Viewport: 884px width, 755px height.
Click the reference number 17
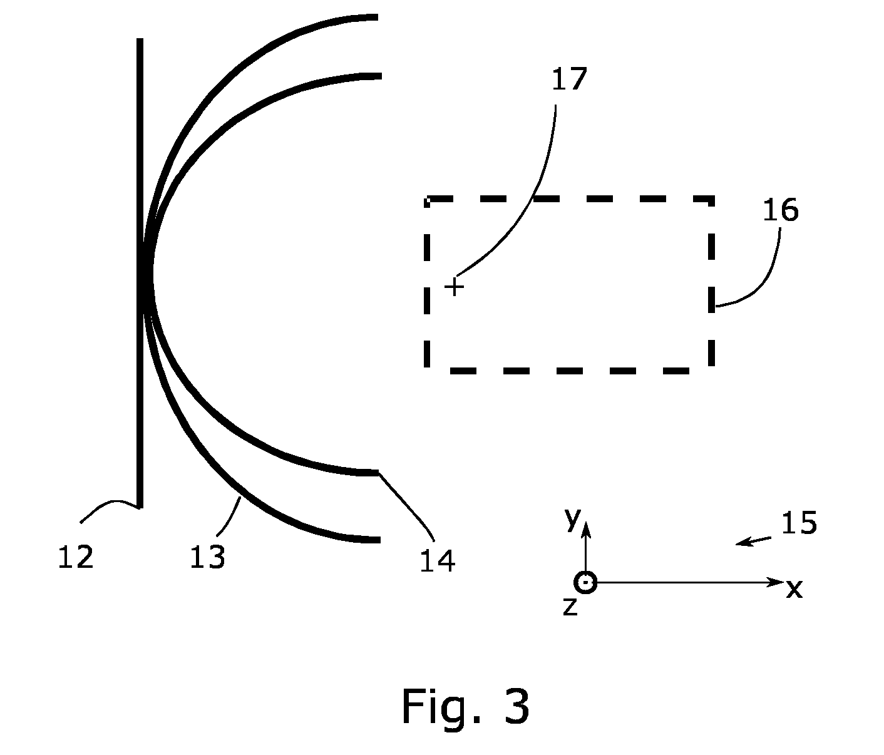pos(569,79)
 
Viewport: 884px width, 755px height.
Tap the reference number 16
pos(781,210)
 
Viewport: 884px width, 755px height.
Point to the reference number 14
pos(438,561)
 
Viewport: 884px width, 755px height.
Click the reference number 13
pos(207,557)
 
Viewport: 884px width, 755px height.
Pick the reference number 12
pos(75,557)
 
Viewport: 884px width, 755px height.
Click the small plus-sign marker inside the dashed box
pos(454,287)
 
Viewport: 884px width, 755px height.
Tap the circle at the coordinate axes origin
pos(585,582)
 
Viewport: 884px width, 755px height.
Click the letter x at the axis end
pos(794,589)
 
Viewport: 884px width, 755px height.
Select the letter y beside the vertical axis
pos(573,519)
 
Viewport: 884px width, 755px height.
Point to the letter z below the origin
pos(570,607)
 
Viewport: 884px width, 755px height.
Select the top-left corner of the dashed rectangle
pos(427,199)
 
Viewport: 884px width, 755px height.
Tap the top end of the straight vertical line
pos(140,38)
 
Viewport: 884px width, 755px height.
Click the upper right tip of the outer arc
pos(378,17)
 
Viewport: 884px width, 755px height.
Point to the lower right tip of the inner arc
pos(379,473)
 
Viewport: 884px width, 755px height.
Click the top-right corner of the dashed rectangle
pos(712,199)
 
